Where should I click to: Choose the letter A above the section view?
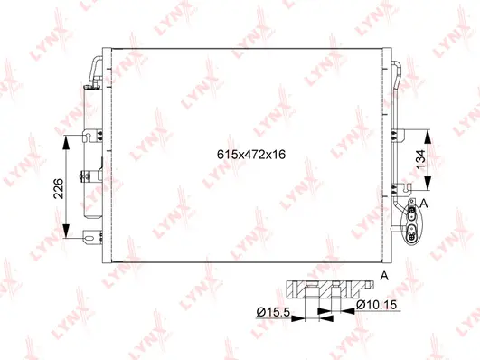tap(383, 275)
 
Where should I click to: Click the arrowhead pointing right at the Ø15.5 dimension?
tap(302, 313)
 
